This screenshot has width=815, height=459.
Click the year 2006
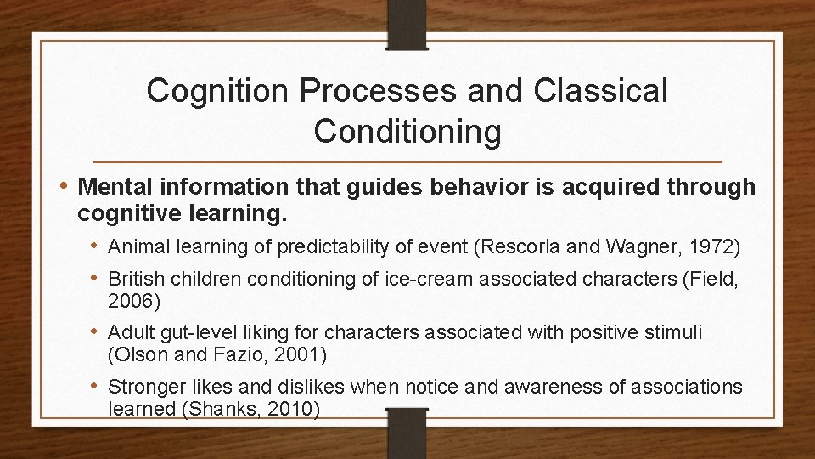coord(130,301)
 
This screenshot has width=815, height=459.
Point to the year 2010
coord(294,409)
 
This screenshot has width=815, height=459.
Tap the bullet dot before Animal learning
coord(98,247)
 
